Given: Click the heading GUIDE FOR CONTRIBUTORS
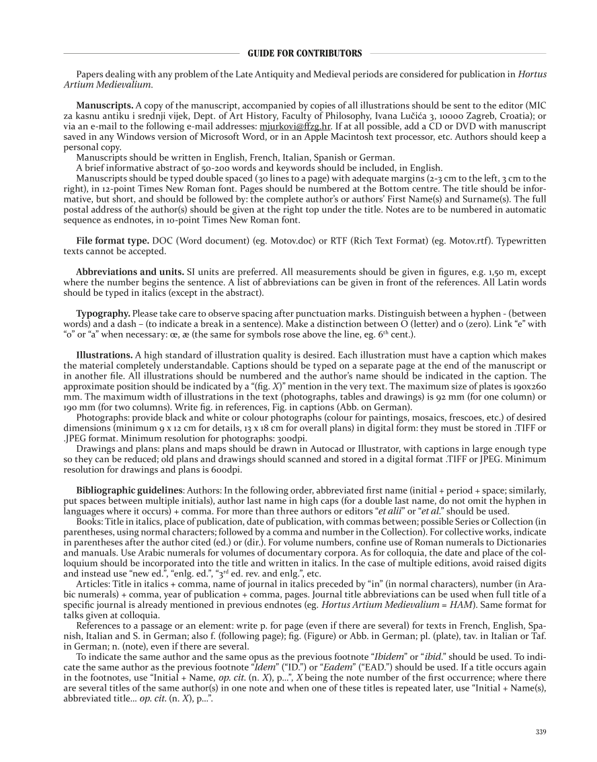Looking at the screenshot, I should pos(305,53).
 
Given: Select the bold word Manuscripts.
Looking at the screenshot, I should pos(104,106).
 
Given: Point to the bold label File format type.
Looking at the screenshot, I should pos(112,241).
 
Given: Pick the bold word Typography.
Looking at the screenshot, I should pos(104,314).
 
